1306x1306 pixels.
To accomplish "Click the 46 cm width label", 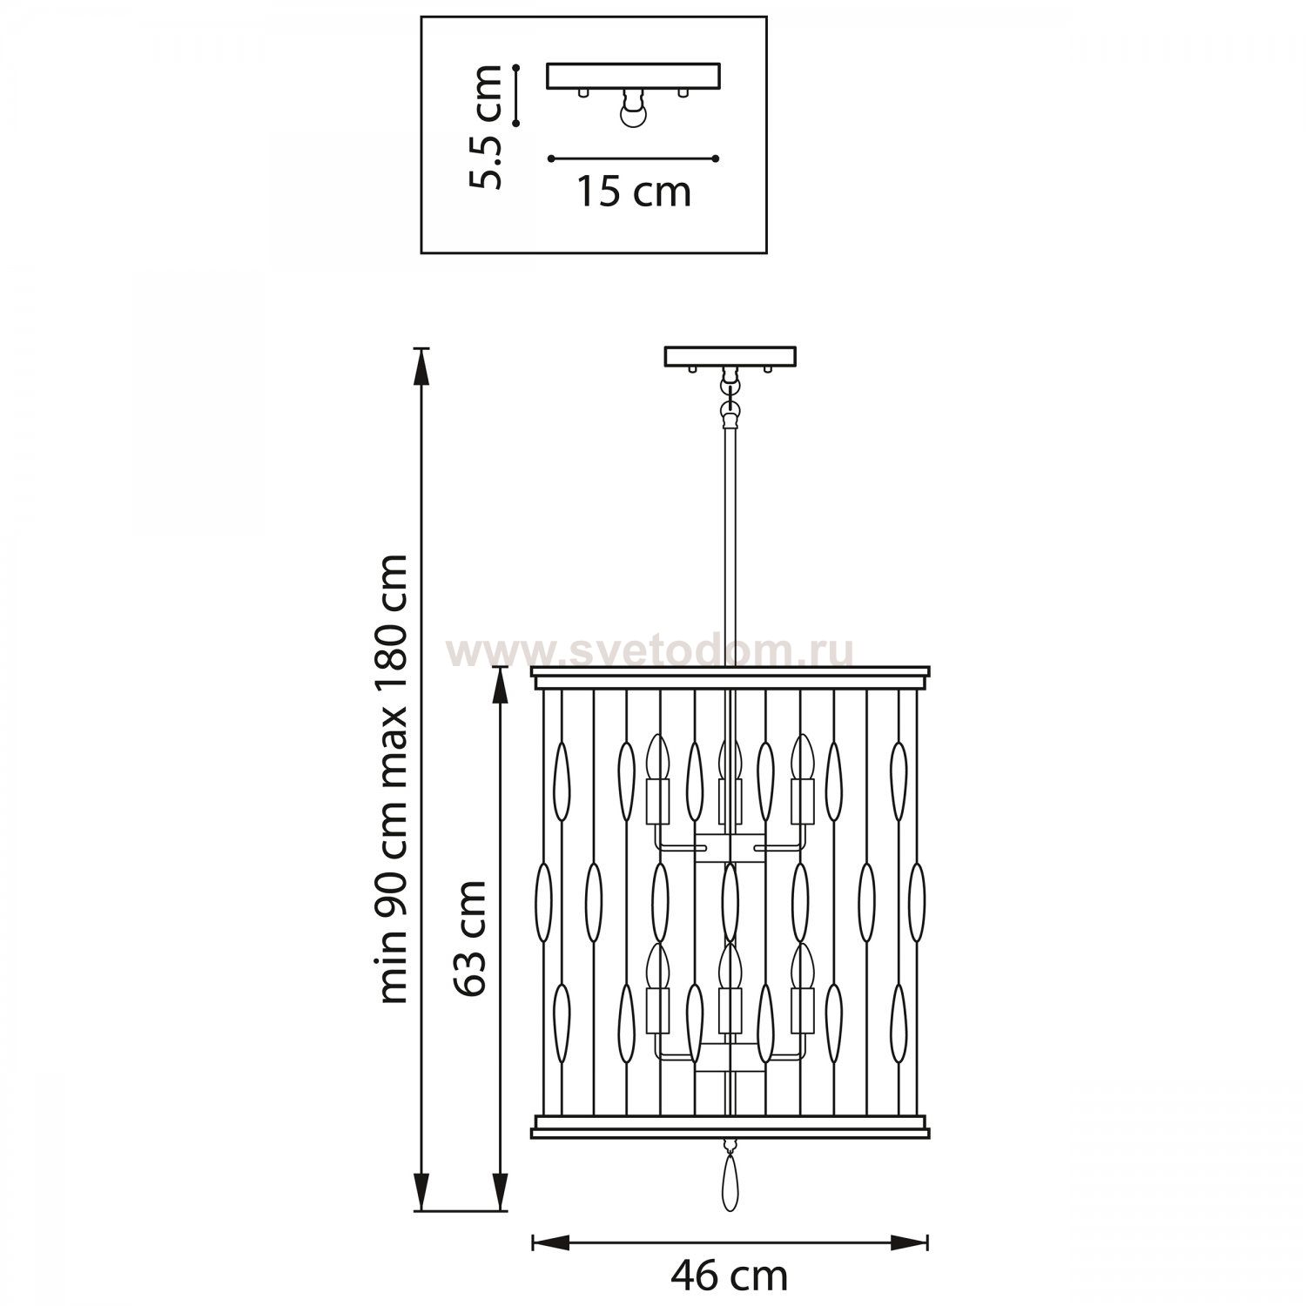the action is point(729,1276).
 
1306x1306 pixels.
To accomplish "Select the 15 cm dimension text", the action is point(634,192).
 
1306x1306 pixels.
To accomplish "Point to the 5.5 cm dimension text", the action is point(485,126).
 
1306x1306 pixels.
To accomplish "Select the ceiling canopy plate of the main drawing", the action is point(730,357).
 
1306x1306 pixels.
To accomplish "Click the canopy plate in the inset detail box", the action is point(633,76).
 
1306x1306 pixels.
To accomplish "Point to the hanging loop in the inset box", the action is point(633,111).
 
